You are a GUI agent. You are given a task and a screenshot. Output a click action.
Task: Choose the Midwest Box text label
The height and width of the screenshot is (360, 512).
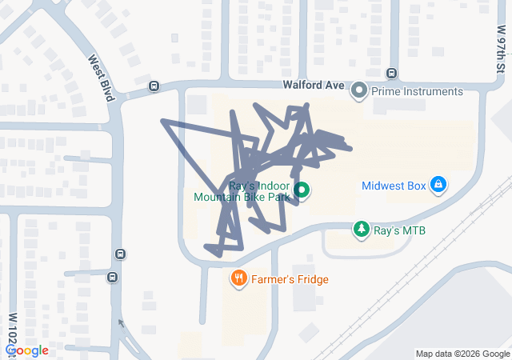pos(394,186)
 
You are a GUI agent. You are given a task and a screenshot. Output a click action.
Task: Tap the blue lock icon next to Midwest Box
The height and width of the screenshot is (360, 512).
pos(438,186)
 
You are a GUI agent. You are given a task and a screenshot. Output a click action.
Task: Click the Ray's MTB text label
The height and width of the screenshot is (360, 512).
pos(399,230)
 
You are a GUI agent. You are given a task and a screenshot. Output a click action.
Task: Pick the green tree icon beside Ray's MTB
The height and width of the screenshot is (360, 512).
pos(362,230)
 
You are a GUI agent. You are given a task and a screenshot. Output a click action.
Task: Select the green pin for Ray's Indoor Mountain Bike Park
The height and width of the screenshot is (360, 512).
pos(302,190)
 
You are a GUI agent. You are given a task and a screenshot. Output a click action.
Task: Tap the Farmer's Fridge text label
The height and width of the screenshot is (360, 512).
pos(289,279)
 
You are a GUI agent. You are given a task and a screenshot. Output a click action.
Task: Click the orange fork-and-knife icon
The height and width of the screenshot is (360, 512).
pos(238,279)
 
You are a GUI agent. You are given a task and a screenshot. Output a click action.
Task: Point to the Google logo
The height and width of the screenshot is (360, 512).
pos(26,350)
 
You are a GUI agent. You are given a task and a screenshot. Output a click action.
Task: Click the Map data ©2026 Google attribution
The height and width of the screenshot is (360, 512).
pos(462,354)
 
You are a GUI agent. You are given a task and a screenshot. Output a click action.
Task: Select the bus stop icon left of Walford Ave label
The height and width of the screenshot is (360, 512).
pos(154,86)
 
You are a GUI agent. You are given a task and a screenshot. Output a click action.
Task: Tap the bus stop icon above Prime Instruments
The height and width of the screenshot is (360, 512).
pos(391,74)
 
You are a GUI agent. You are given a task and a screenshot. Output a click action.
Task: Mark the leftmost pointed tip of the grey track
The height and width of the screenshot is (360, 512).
pos(163,122)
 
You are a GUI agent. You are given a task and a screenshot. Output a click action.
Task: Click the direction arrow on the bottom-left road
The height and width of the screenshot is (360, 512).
pos(121,324)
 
